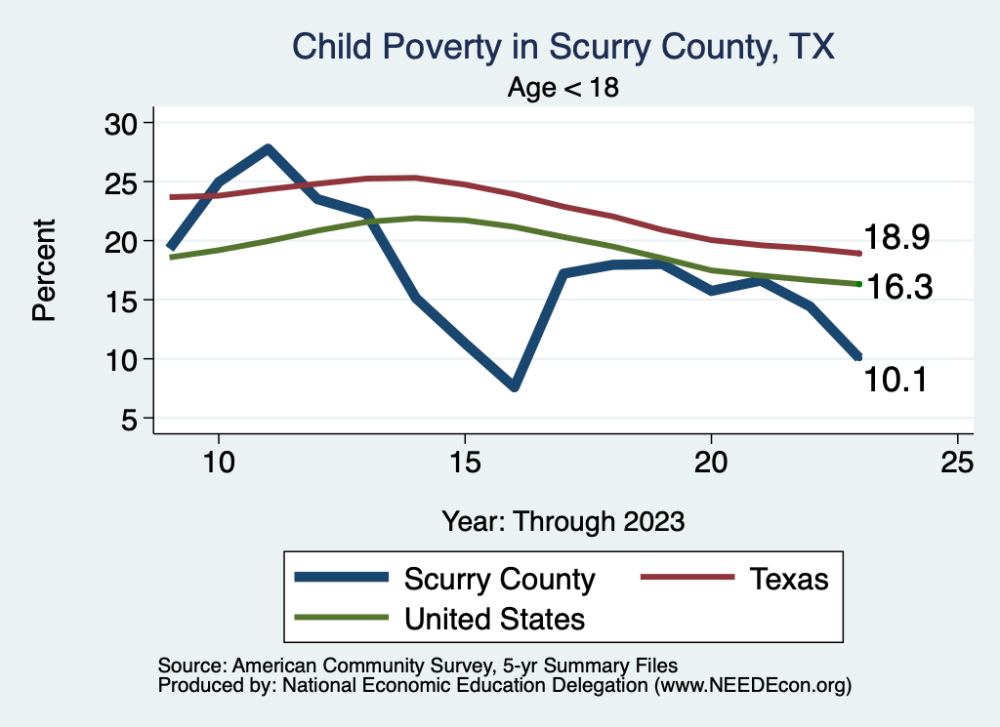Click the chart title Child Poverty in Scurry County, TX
(563, 47)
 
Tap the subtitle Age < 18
(563, 88)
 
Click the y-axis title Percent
(44, 270)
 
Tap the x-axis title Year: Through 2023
(563, 520)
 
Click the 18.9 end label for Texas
(896, 237)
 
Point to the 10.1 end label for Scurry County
(896, 379)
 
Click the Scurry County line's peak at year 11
(268, 148)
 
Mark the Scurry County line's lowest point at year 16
(514, 387)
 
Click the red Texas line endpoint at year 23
(858, 254)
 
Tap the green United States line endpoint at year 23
(858, 284)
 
